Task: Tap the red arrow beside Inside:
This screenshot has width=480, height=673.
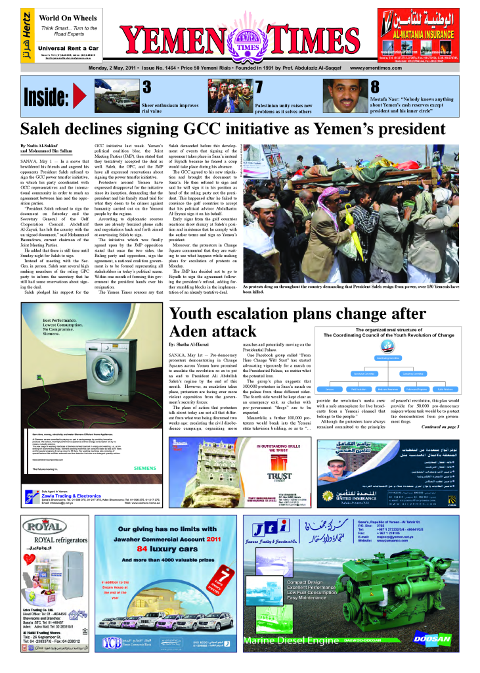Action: click(x=79, y=96)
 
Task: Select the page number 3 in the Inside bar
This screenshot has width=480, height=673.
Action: click(x=147, y=87)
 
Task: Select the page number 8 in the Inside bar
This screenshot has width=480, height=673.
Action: click(x=375, y=87)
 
